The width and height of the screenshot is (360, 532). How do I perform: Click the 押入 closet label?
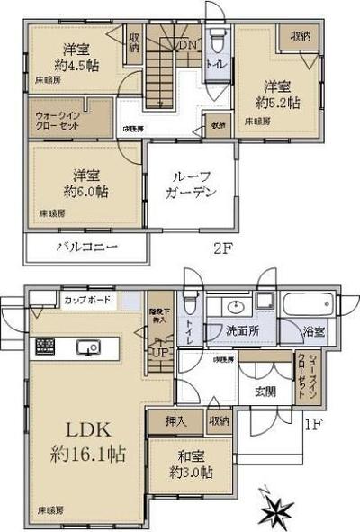click(x=175, y=420)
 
